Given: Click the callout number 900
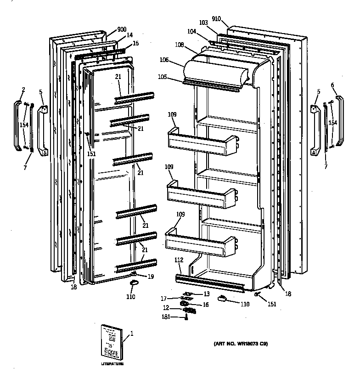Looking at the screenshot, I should pyautogui.click(x=122, y=29).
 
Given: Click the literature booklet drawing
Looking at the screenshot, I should pyautogui.click(x=112, y=342).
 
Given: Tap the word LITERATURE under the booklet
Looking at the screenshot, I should pyautogui.click(x=112, y=363).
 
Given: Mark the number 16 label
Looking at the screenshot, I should pyautogui.click(x=206, y=304).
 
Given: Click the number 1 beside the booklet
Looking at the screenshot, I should pyautogui.click(x=132, y=334).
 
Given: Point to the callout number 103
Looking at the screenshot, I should pyautogui.click(x=204, y=22).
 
